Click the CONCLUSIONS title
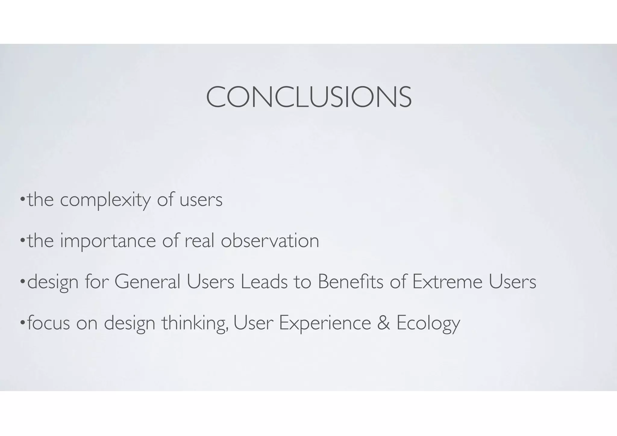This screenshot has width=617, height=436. coord(308,97)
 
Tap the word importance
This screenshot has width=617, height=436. coord(108,241)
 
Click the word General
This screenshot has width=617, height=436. coord(147,282)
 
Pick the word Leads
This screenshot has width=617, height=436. coord(264,282)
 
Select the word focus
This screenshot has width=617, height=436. coord(49,323)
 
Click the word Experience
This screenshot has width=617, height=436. coord(325,323)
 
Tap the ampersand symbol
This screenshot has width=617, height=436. coord(383,323)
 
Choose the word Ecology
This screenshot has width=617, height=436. coord(428,323)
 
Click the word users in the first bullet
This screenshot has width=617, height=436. coord(201,200)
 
